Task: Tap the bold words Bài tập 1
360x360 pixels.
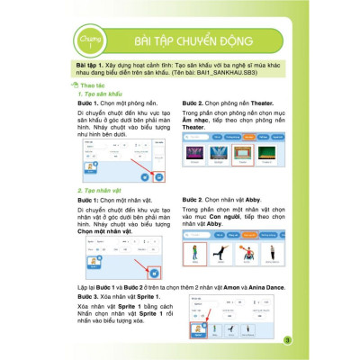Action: click(x=93, y=67)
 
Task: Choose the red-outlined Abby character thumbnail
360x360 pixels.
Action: click(x=194, y=253)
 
